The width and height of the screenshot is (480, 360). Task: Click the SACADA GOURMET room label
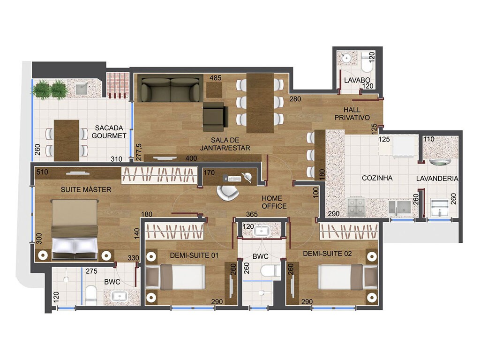click(109, 132)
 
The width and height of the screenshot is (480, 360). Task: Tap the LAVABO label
click(354, 80)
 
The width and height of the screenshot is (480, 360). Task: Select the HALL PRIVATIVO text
click(352, 113)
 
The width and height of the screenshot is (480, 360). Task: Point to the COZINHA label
click(377, 178)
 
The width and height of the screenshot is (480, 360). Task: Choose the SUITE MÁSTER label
click(86, 189)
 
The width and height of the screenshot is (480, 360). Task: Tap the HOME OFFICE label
click(274, 202)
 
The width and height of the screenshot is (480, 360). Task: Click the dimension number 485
click(215, 78)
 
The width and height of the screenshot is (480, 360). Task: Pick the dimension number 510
click(42, 172)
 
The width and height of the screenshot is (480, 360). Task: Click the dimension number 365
click(252, 214)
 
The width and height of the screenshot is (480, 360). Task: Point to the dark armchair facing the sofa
click(215, 116)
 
